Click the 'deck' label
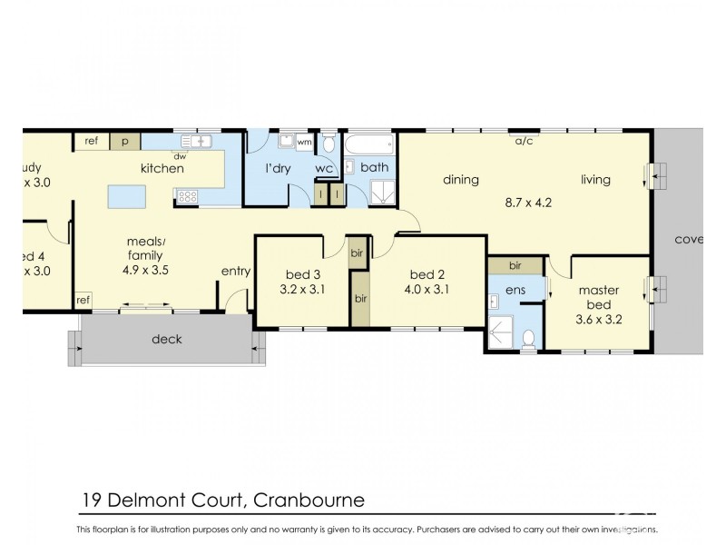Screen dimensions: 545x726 (x=167, y=339)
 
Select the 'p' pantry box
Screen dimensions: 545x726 (x=125, y=142)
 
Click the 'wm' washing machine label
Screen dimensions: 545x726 (x=304, y=143)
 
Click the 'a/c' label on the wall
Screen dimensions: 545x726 (x=524, y=142)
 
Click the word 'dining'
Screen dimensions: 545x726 (x=460, y=180)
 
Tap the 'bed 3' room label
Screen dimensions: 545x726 (x=302, y=275)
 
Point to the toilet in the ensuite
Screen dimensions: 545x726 (x=529, y=338)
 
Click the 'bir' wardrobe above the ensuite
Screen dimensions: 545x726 (x=515, y=266)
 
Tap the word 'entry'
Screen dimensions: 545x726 (x=236, y=271)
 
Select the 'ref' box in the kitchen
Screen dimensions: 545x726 (x=92, y=142)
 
